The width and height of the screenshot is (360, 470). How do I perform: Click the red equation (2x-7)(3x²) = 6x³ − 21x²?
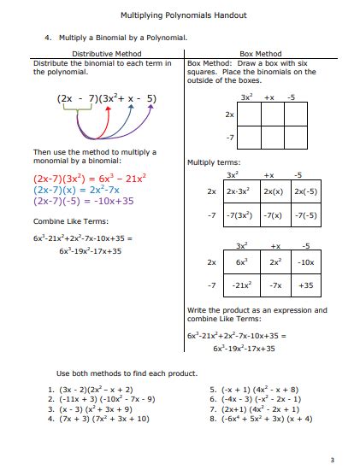[90, 178]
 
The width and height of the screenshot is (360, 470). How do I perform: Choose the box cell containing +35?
[306, 285]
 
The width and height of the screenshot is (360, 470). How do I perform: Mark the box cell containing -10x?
[306, 262]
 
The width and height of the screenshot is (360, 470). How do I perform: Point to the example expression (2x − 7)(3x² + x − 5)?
[107, 98]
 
